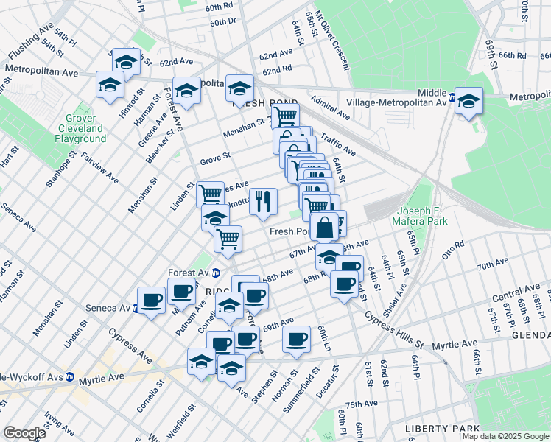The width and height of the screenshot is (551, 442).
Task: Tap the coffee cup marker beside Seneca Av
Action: click(151, 301)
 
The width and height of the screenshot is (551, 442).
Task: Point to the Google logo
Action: click(24, 432)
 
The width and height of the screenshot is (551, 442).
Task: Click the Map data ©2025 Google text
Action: click(505, 436)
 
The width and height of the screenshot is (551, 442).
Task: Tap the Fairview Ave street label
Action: click(99, 167)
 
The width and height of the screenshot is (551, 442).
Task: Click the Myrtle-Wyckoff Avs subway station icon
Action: click(70, 377)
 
